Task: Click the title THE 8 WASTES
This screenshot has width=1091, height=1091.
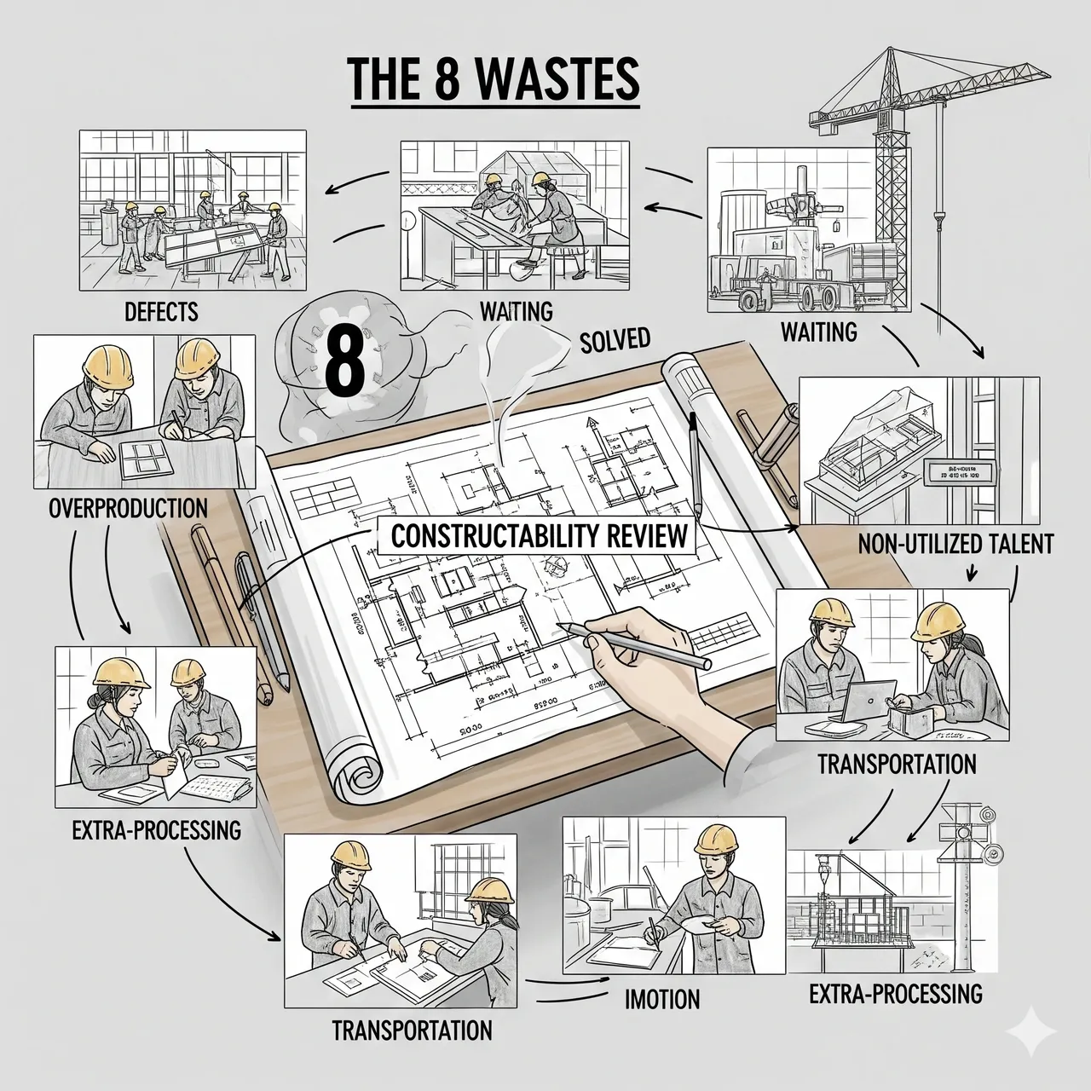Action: (494, 82)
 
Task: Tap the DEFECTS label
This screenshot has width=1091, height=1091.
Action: (161, 311)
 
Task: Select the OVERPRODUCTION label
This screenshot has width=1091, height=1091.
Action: (128, 509)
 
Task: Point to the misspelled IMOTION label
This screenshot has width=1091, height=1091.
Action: (661, 999)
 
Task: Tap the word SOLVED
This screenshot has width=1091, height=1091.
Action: (615, 341)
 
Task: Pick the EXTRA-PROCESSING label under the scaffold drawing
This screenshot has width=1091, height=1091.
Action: (895, 993)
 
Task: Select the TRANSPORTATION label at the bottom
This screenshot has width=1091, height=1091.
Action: (412, 1030)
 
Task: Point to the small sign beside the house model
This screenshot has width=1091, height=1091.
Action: (960, 471)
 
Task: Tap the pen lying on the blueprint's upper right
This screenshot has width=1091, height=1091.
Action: (695, 465)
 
